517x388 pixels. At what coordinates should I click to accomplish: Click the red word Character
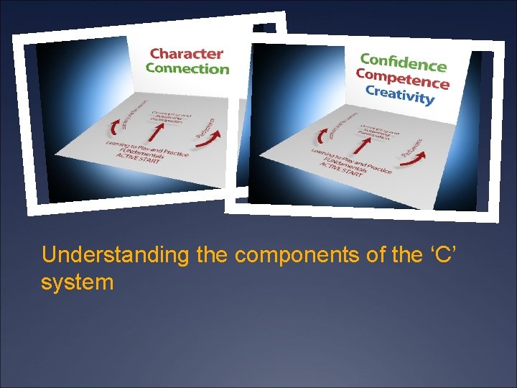pos(186,53)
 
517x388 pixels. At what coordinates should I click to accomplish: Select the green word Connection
pos(187,69)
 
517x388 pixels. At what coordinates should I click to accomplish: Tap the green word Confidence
pos(403,62)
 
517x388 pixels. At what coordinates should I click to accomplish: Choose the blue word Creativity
pos(400,94)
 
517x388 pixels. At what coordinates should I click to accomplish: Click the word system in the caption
pos(78,282)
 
